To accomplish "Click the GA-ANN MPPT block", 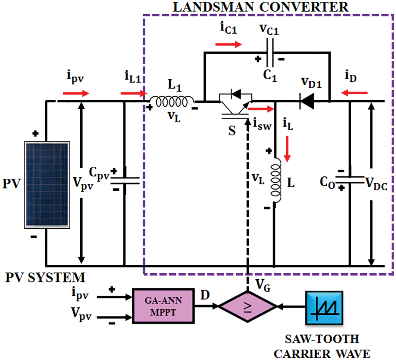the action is pos(163,306).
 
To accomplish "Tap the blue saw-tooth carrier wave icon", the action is pos(324,308).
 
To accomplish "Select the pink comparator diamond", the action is pos(247,306).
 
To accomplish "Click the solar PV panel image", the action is pos(47,185).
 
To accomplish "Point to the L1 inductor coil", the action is pos(172,102).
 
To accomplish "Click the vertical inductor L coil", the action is pos(276,180).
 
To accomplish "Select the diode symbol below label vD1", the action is pos(306,101).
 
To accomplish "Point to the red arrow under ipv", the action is pos(76,93).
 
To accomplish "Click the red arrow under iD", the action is pos(354,93).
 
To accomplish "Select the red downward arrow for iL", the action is pos(287,149).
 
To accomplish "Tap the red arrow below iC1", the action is pos(229,44).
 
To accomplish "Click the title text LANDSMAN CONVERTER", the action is pos(261,7).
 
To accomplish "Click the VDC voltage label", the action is pos(376,184).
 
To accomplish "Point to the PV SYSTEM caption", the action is pos(46,278).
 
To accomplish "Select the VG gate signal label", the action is pos(263,285).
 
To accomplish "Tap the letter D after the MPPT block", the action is pos(205,295).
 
